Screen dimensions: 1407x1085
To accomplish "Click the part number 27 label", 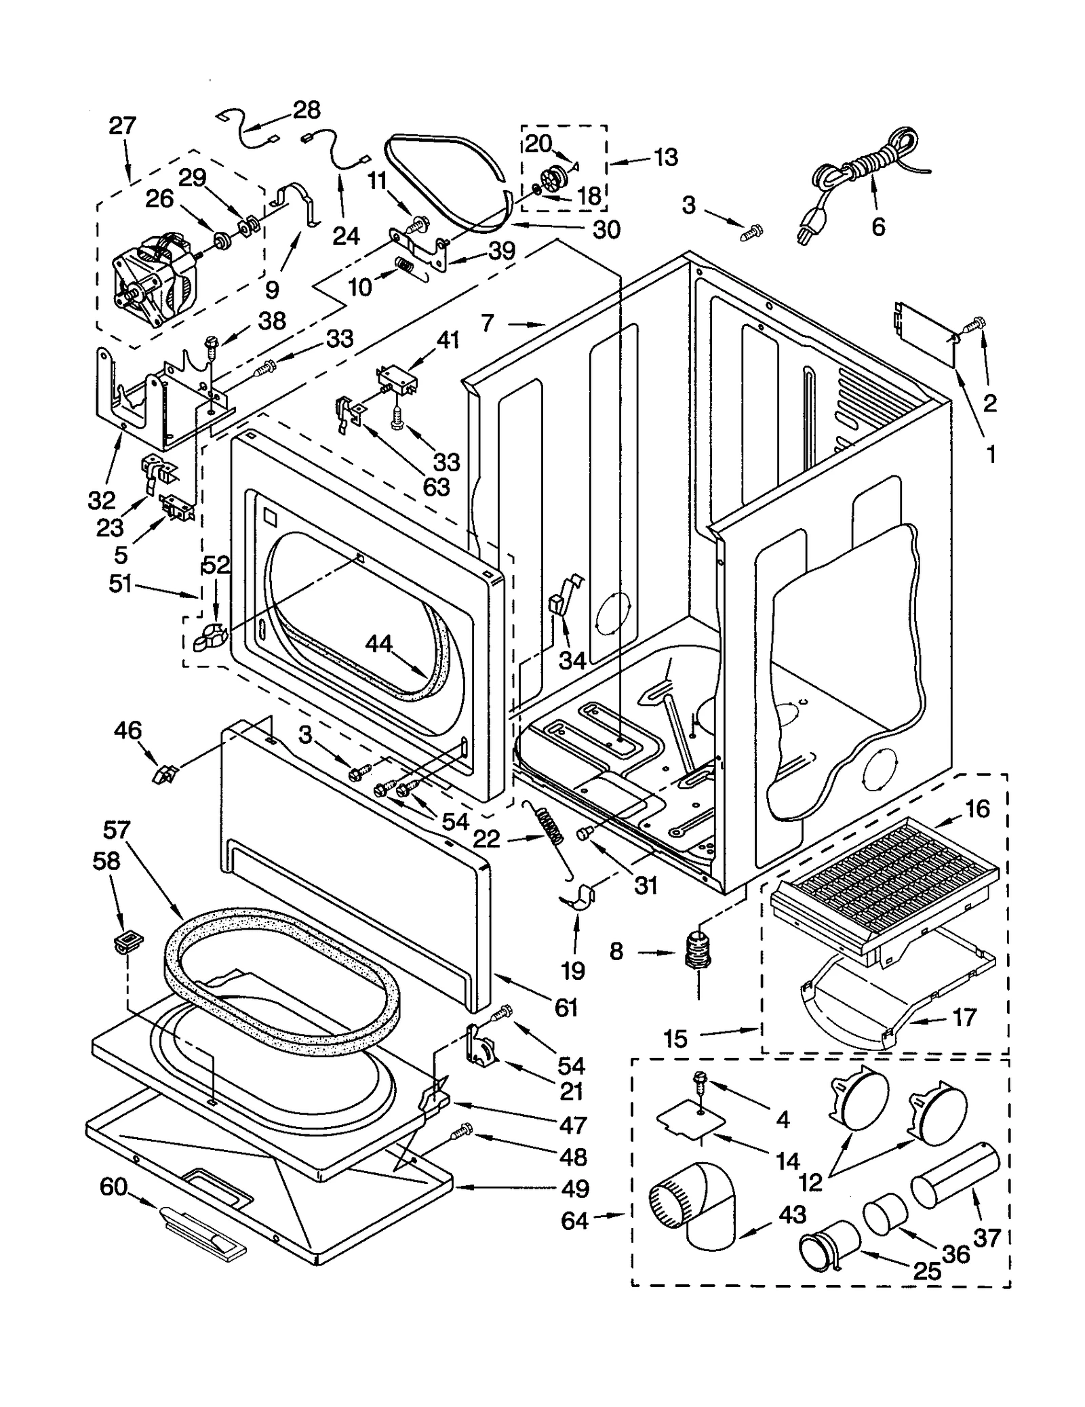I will pyautogui.click(x=123, y=126).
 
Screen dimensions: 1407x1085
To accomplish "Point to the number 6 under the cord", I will pyautogui.click(x=877, y=226).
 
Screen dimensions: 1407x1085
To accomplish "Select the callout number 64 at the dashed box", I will pyautogui.click(x=574, y=1221).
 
